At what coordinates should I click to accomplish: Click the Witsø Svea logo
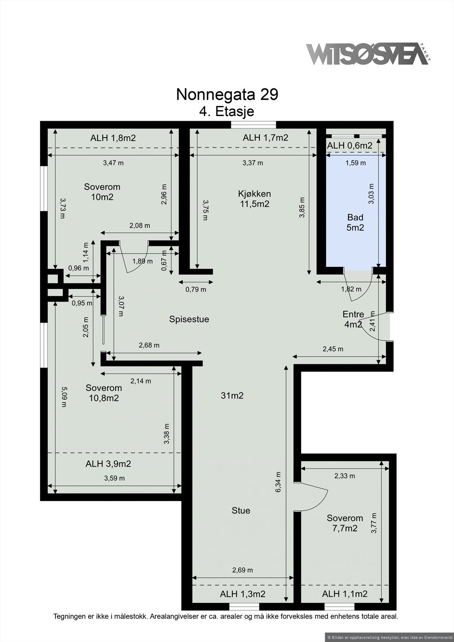(x=368, y=54)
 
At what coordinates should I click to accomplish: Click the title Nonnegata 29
(x=227, y=94)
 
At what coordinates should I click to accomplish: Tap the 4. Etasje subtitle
(x=227, y=111)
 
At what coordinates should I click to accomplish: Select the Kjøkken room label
(x=254, y=199)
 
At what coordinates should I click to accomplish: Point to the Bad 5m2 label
(x=355, y=222)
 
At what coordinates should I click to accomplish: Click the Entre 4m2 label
(x=353, y=319)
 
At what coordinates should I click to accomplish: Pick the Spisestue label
(x=189, y=319)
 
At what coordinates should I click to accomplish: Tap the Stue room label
(x=241, y=510)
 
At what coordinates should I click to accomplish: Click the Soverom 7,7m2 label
(x=345, y=523)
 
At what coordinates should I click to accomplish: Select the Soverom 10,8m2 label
(x=104, y=393)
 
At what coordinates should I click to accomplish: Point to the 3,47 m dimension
(x=113, y=163)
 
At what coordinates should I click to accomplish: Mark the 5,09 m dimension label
(x=64, y=397)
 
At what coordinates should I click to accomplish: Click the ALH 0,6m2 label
(x=350, y=146)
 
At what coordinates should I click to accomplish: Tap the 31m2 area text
(x=232, y=396)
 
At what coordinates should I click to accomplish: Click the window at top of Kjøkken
(x=254, y=125)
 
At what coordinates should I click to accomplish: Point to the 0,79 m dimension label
(x=196, y=289)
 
